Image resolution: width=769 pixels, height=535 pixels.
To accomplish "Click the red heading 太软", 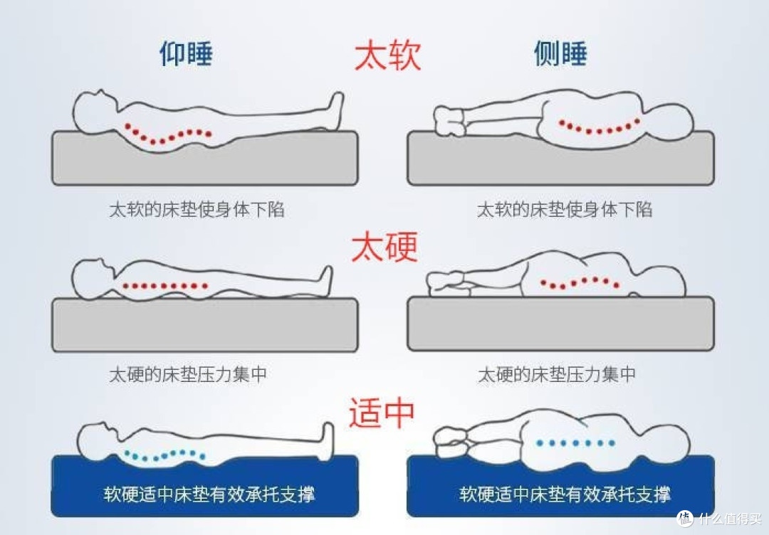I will (388, 55).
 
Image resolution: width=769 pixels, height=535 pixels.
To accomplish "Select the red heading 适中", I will (382, 413).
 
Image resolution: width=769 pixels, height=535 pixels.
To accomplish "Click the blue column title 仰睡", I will (186, 54).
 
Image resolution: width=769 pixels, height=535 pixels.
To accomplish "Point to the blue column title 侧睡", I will (560, 54).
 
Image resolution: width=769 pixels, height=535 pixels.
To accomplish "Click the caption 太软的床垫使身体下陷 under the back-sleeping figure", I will (197, 209).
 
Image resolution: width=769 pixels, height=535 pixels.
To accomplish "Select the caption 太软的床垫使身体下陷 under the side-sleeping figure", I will (564, 209).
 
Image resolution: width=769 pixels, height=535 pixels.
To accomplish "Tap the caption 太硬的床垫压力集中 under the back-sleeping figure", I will (188, 374).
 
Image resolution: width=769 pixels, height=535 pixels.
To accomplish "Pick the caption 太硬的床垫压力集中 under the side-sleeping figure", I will (556, 374).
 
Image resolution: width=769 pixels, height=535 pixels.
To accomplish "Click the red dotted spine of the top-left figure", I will (168, 134).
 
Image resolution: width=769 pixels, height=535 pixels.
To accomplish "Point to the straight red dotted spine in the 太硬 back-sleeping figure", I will (165, 286).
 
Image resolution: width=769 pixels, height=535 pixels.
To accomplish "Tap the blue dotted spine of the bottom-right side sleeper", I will (575, 443).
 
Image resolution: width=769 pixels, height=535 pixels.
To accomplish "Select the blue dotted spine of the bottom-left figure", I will (164, 454).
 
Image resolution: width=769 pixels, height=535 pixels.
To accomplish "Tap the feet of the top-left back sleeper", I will (334, 107).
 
